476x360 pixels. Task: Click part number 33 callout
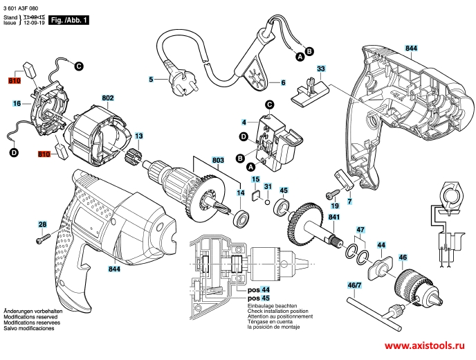pos(321,69)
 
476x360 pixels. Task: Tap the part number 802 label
pos(108,99)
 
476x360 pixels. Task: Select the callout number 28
pos(42,224)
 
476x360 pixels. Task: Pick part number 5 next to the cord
pos(150,80)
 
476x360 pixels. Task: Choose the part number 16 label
pos(16,103)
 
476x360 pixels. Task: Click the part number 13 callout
pos(139,136)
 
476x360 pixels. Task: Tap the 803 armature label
pos(218,160)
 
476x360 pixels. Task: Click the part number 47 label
pos(360,229)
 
